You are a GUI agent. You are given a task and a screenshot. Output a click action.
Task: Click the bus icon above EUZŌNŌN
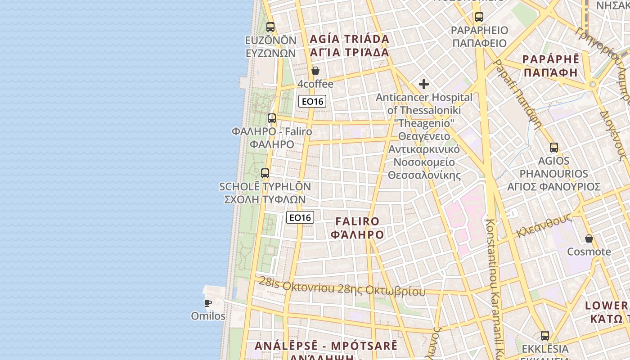[270, 27]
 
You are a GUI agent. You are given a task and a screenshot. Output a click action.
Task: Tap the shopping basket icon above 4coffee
[315, 71]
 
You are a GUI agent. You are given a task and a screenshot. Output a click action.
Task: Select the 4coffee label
[315, 84]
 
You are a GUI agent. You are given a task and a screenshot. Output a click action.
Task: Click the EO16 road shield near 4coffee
[312, 101]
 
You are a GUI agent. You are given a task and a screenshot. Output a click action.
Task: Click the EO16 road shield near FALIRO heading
[300, 218]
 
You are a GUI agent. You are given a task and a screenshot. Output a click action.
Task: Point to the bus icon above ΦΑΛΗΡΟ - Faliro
[272, 118]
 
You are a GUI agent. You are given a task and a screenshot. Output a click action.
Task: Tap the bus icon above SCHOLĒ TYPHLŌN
[265, 173]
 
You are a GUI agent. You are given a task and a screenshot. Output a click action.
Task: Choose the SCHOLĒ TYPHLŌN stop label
[265, 187]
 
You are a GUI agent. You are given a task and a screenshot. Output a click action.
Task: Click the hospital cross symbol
[423, 84]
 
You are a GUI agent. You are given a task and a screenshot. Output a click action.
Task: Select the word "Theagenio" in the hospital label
[424, 123]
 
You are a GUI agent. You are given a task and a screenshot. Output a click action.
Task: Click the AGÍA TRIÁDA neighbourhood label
[349, 39]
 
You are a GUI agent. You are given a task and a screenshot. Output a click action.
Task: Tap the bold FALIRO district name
[358, 221]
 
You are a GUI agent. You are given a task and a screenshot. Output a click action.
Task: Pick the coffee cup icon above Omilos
[208, 303]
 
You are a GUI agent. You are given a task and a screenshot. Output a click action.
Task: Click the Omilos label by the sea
[208, 316]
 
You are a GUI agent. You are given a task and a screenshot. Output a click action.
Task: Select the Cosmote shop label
[589, 252]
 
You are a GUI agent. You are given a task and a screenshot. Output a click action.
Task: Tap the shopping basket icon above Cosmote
[589, 238]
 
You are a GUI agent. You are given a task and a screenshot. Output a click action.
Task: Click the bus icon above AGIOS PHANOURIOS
[554, 148]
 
